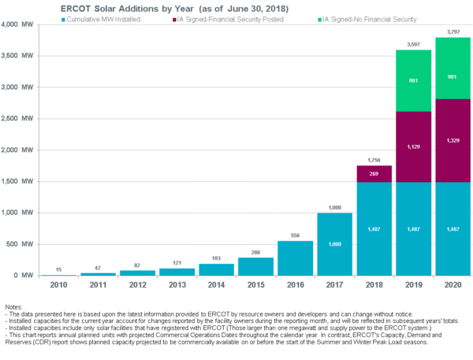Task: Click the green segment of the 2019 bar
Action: (x=412, y=80)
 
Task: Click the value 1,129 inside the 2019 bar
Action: (x=412, y=147)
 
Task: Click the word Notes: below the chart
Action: (x=14, y=305)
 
